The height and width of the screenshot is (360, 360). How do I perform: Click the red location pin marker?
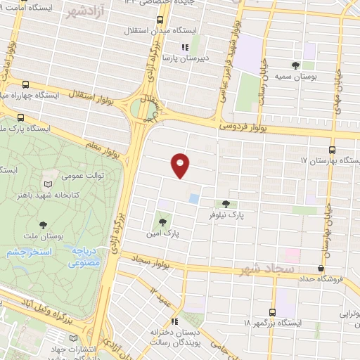181,164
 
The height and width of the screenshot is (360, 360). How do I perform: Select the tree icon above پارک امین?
161,224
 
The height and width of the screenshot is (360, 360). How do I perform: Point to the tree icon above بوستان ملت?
44,224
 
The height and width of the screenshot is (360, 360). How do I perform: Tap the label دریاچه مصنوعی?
84,259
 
